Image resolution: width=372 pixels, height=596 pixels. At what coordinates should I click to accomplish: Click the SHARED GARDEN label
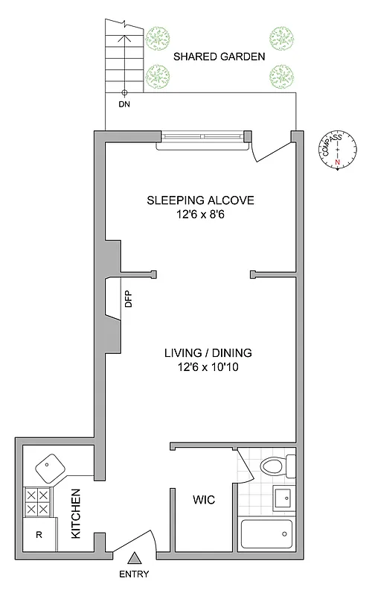coord(219,56)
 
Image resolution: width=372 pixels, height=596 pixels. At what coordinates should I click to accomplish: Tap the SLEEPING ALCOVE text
coord(200,200)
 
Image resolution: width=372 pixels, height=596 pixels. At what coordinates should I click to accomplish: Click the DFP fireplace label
coord(127,299)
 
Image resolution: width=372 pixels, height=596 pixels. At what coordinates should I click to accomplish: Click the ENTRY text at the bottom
coord(134,574)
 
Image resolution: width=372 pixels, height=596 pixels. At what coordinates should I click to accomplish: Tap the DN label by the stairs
coord(124,104)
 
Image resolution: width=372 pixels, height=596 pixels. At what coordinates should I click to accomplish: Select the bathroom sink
coord(283,497)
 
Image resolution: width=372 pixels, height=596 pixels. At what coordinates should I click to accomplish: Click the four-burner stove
coord(38,501)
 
